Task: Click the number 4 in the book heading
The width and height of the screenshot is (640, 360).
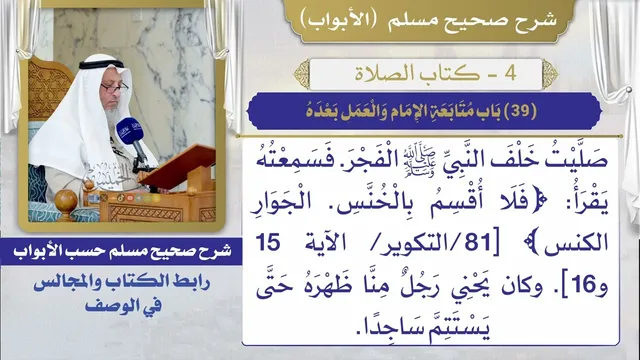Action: click(510, 74)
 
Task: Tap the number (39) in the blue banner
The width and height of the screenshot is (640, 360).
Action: click(520, 111)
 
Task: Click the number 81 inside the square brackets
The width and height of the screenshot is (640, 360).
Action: click(477, 243)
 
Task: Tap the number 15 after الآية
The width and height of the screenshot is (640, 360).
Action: click(268, 243)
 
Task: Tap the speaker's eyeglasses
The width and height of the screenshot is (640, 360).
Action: click(115, 87)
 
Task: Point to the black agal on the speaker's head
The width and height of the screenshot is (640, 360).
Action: click(101, 64)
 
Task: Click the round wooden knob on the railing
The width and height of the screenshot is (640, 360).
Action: click(66, 202)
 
